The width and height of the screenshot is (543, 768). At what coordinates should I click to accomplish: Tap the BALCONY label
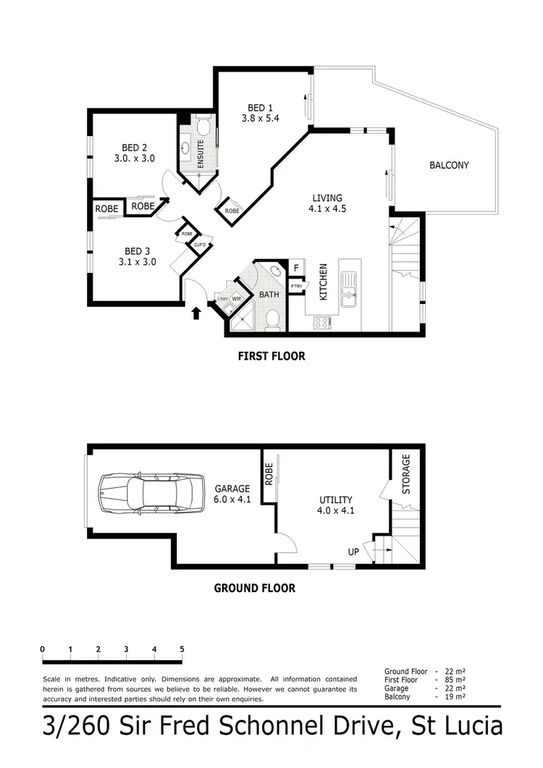(x=449, y=165)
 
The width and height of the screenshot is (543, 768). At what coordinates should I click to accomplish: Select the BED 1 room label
(x=256, y=109)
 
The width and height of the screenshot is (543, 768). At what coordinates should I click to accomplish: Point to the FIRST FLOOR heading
(x=271, y=356)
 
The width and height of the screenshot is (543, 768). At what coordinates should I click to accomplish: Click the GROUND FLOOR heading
(x=254, y=588)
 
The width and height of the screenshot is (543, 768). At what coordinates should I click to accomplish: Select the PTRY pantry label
(x=296, y=287)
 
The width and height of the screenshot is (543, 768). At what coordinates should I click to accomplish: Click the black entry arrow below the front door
(x=195, y=313)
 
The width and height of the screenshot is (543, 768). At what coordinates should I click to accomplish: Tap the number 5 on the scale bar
(x=182, y=649)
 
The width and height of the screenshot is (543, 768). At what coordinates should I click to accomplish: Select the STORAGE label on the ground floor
(x=405, y=474)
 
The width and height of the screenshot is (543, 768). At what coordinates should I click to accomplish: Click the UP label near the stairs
(x=354, y=552)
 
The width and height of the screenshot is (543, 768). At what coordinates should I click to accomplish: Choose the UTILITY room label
(x=336, y=499)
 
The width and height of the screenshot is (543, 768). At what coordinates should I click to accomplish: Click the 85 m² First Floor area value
(x=455, y=680)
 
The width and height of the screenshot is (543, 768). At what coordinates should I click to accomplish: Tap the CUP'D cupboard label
(x=199, y=245)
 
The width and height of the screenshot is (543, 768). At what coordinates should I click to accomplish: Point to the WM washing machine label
(x=236, y=299)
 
